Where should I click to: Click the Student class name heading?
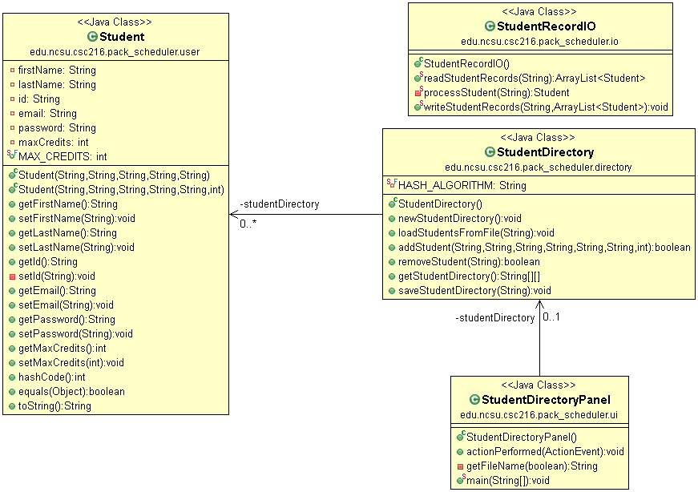122,37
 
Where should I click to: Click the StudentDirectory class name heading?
545,152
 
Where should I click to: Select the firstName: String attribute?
57,70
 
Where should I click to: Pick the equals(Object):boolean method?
71,391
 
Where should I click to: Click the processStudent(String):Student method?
496,92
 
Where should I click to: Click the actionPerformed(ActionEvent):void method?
545,451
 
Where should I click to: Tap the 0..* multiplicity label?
248,224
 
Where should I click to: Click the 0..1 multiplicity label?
551,317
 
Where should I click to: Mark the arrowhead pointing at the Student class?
233,214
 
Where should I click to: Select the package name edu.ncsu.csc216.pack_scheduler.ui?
539,414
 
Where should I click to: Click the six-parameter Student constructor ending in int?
121,189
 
